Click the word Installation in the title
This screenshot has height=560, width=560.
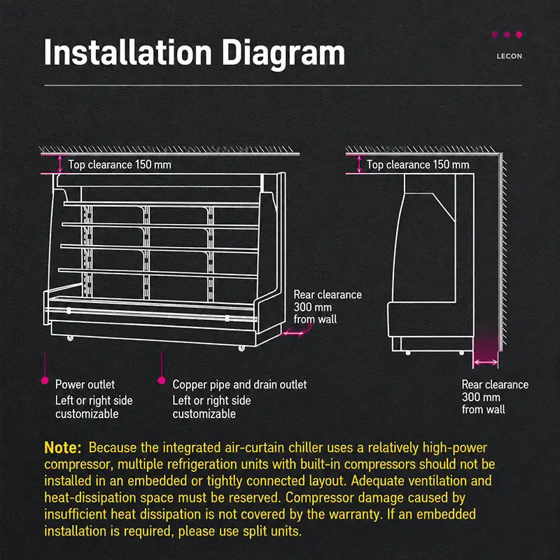tap(128, 52)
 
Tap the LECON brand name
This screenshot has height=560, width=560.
tap(510, 56)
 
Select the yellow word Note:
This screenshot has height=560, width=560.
tap(63, 448)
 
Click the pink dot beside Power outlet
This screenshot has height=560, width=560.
tap(45, 381)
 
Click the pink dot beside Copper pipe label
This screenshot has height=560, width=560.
tap(162, 381)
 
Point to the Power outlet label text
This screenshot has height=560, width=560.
tap(85, 384)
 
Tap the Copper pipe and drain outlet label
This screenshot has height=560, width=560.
tap(239, 385)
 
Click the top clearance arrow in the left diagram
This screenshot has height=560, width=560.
tap(60, 164)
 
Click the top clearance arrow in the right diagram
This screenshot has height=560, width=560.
tap(359, 164)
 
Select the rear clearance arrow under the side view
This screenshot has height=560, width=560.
tap(486, 362)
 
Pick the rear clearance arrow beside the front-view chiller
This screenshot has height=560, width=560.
tap(293, 334)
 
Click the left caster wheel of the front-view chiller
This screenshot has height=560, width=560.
tap(71, 338)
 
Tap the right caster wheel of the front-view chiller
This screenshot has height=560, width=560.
tap(241, 348)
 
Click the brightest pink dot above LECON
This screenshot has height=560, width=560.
tap(519, 34)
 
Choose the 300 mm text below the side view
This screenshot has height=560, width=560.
tap(481, 397)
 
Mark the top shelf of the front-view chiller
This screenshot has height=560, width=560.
tap(162, 204)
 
